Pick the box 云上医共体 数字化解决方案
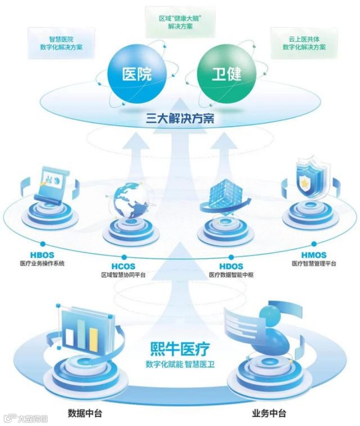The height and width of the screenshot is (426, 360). pos(304,43)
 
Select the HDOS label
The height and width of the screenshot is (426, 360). pos(231,266)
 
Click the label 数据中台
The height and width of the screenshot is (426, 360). pos(85,413)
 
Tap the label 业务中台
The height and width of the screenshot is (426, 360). pos(269,413)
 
